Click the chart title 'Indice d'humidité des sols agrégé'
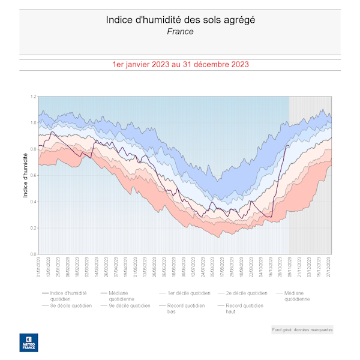tap(180, 20)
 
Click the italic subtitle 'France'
tap(180, 31)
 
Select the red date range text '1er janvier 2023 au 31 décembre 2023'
tap(180, 64)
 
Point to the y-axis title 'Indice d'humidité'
tap(25, 175)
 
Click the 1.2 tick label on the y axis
tap(34, 97)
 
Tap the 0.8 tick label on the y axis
tap(34, 149)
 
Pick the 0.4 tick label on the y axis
tap(34, 202)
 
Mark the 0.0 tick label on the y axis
tap(34, 254)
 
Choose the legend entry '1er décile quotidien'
tap(189, 293)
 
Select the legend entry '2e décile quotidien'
tap(247, 293)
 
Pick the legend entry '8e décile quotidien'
tap(71, 305)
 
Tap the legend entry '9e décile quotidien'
tap(129, 305)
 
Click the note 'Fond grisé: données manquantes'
tap(302, 329)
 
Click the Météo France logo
tap(28, 342)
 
